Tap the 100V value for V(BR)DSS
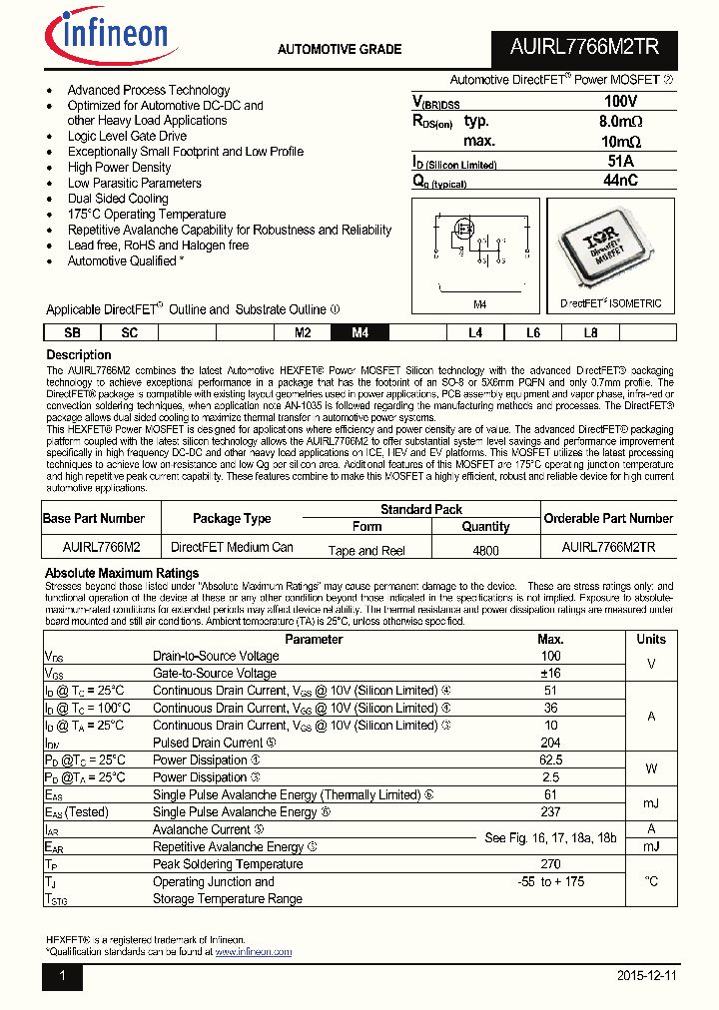click(620, 102)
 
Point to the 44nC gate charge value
click(620, 181)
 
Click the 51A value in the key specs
click(620, 162)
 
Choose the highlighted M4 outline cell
click(360, 333)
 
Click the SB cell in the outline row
click(72, 333)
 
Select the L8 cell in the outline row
click(591, 333)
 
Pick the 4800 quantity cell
click(485, 550)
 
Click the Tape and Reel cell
click(366, 550)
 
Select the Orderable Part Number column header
click(608, 518)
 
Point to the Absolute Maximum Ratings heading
click(122, 573)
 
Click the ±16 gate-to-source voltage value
click(550, 674)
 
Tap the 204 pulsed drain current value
click(550, 743)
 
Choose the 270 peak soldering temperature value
click(550, 864)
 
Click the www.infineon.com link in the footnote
click(253, 952)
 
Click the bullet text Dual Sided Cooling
click(118, 199)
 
